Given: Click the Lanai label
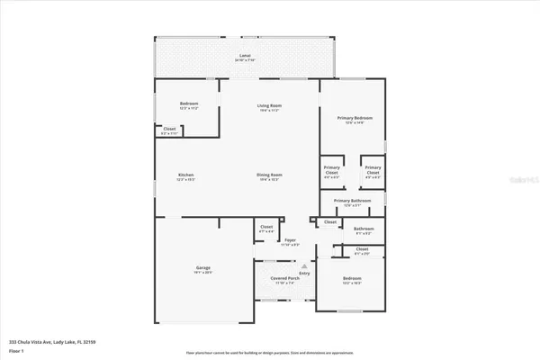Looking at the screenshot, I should click(245, 56).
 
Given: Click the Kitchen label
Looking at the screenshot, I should click(186, 175).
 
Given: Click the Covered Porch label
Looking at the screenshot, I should click(283, 278).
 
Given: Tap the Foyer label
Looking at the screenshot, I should click(291, 240).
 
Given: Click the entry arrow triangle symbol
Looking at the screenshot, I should click(305, 267).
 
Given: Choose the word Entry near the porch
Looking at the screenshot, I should click(305, 274).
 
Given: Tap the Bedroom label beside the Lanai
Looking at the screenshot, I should click(188, 103).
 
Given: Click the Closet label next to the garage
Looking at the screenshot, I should click(265, 227).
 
